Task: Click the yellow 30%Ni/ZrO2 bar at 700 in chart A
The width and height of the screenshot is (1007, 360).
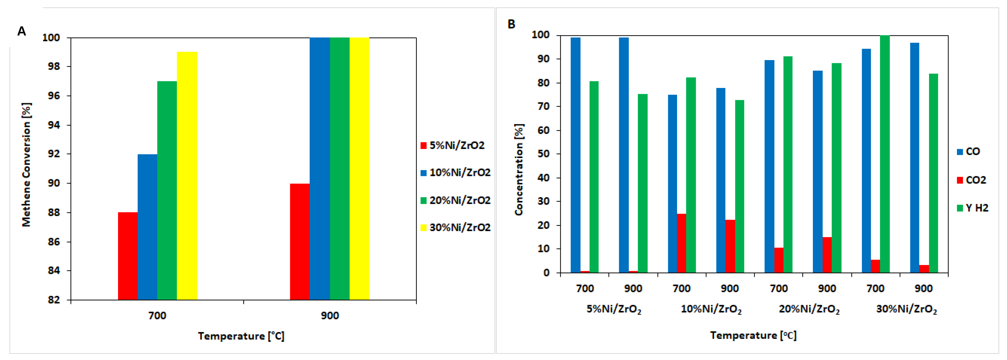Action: coord(187,176)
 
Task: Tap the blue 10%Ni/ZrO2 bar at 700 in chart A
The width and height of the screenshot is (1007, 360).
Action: coord(147,227)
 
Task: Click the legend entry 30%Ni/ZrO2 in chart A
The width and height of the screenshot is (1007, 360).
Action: coord(455,227)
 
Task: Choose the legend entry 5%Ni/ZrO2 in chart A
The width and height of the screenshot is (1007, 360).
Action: coord(452,145)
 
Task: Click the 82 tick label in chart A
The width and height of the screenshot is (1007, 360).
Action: coord(54,300)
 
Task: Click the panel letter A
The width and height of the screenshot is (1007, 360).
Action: coord(22,31)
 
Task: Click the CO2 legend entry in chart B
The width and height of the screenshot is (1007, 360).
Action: coord(972,180)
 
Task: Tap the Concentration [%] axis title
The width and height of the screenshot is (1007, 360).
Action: coord(519,170)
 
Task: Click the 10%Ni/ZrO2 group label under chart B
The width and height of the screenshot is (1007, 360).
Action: coord(711,309)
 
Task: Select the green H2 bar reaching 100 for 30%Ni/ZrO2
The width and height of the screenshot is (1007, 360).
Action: coord(885,154)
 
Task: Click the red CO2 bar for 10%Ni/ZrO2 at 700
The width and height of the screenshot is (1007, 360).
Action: coord(681,243)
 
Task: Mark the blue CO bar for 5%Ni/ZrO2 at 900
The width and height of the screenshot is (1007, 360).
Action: coord(624,155)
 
